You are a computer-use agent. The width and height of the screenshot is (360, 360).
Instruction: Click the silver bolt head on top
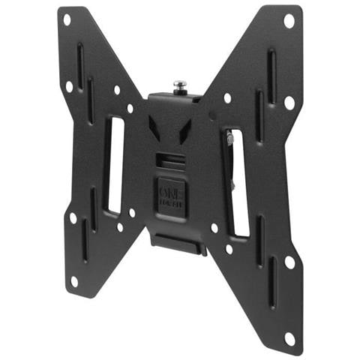[180, 85]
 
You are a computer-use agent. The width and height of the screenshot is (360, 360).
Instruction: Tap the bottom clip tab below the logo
[178, 242]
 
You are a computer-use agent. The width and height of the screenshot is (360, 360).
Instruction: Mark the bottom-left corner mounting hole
[73, 280]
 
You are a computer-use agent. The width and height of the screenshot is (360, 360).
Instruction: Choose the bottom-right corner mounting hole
[289, 337]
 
